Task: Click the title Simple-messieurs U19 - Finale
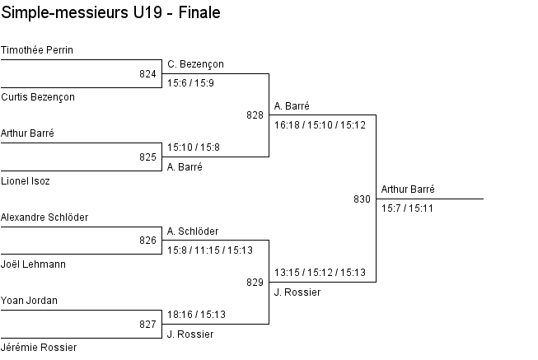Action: tap(110, 14)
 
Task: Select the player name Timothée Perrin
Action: tap(37, 50)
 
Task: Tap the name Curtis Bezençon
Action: tap(38, 97)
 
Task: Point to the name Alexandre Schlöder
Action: tap(44, 217)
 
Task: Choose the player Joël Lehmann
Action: tap(34, 264)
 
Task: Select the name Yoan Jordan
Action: tap(30, 301)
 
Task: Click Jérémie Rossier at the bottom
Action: tap(39, 348)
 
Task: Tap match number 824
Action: tap(147, 74)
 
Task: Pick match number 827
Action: tap(147, 325)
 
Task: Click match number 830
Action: tap(362, 199)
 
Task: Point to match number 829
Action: tap(255, 283)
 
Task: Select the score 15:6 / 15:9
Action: tap(190, 83)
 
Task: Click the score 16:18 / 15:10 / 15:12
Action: tap(320, 125)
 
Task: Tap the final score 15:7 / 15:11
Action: tap(407, 208)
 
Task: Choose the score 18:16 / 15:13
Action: tap(196, 315)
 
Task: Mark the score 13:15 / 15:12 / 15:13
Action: tap(320, 273)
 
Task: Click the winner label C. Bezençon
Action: tap(195, 64)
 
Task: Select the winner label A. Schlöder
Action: tap(193, 231)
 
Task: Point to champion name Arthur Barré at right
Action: tap(408, 189)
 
